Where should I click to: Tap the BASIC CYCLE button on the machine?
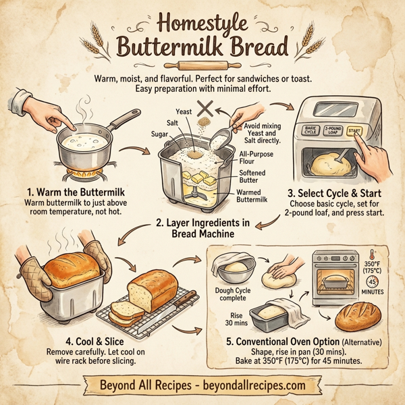tap(310, 131)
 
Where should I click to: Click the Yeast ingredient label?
tap(184, 111)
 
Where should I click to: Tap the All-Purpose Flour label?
tap(257, 157)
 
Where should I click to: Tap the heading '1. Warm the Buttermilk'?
tap(70, 191)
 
